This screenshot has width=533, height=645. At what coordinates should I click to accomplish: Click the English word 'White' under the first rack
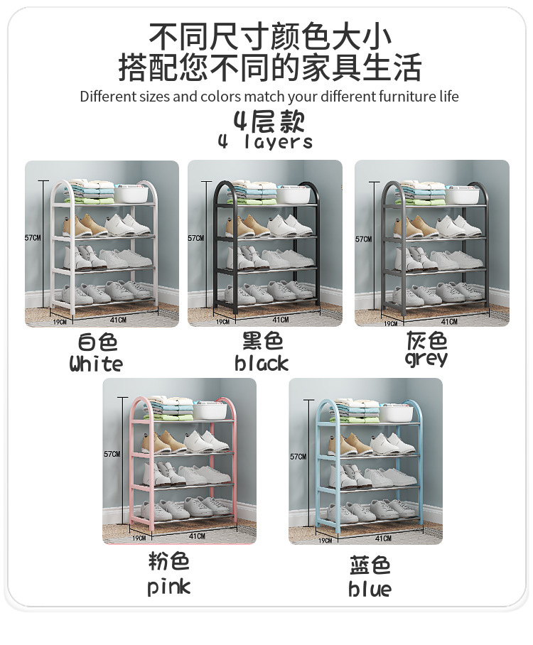[96, 364]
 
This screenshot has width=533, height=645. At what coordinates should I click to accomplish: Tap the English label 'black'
[262, 364]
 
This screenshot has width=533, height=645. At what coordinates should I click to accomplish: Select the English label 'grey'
[426, 359]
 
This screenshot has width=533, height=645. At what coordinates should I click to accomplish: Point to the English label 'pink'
[169, 587]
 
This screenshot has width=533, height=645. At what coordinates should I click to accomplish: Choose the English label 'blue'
[370, 589]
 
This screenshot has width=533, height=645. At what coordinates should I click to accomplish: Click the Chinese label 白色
[97, 342]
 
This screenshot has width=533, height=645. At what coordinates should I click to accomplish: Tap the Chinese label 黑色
[262, 342]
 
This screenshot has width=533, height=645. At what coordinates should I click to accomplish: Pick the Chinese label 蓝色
[370, 566]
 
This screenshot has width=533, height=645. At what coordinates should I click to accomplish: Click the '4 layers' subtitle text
[265, 142]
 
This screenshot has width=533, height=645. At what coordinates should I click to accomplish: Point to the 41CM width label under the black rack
[281, 320]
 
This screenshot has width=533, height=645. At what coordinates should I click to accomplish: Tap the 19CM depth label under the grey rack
[390, 323]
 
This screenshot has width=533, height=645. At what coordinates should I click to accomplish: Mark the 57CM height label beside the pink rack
[112, 454]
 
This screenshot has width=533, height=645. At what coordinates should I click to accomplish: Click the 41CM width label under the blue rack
[383, 538]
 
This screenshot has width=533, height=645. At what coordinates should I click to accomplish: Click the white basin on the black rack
[294, 195]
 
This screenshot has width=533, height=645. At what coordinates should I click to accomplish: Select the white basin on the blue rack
[396, 413]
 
